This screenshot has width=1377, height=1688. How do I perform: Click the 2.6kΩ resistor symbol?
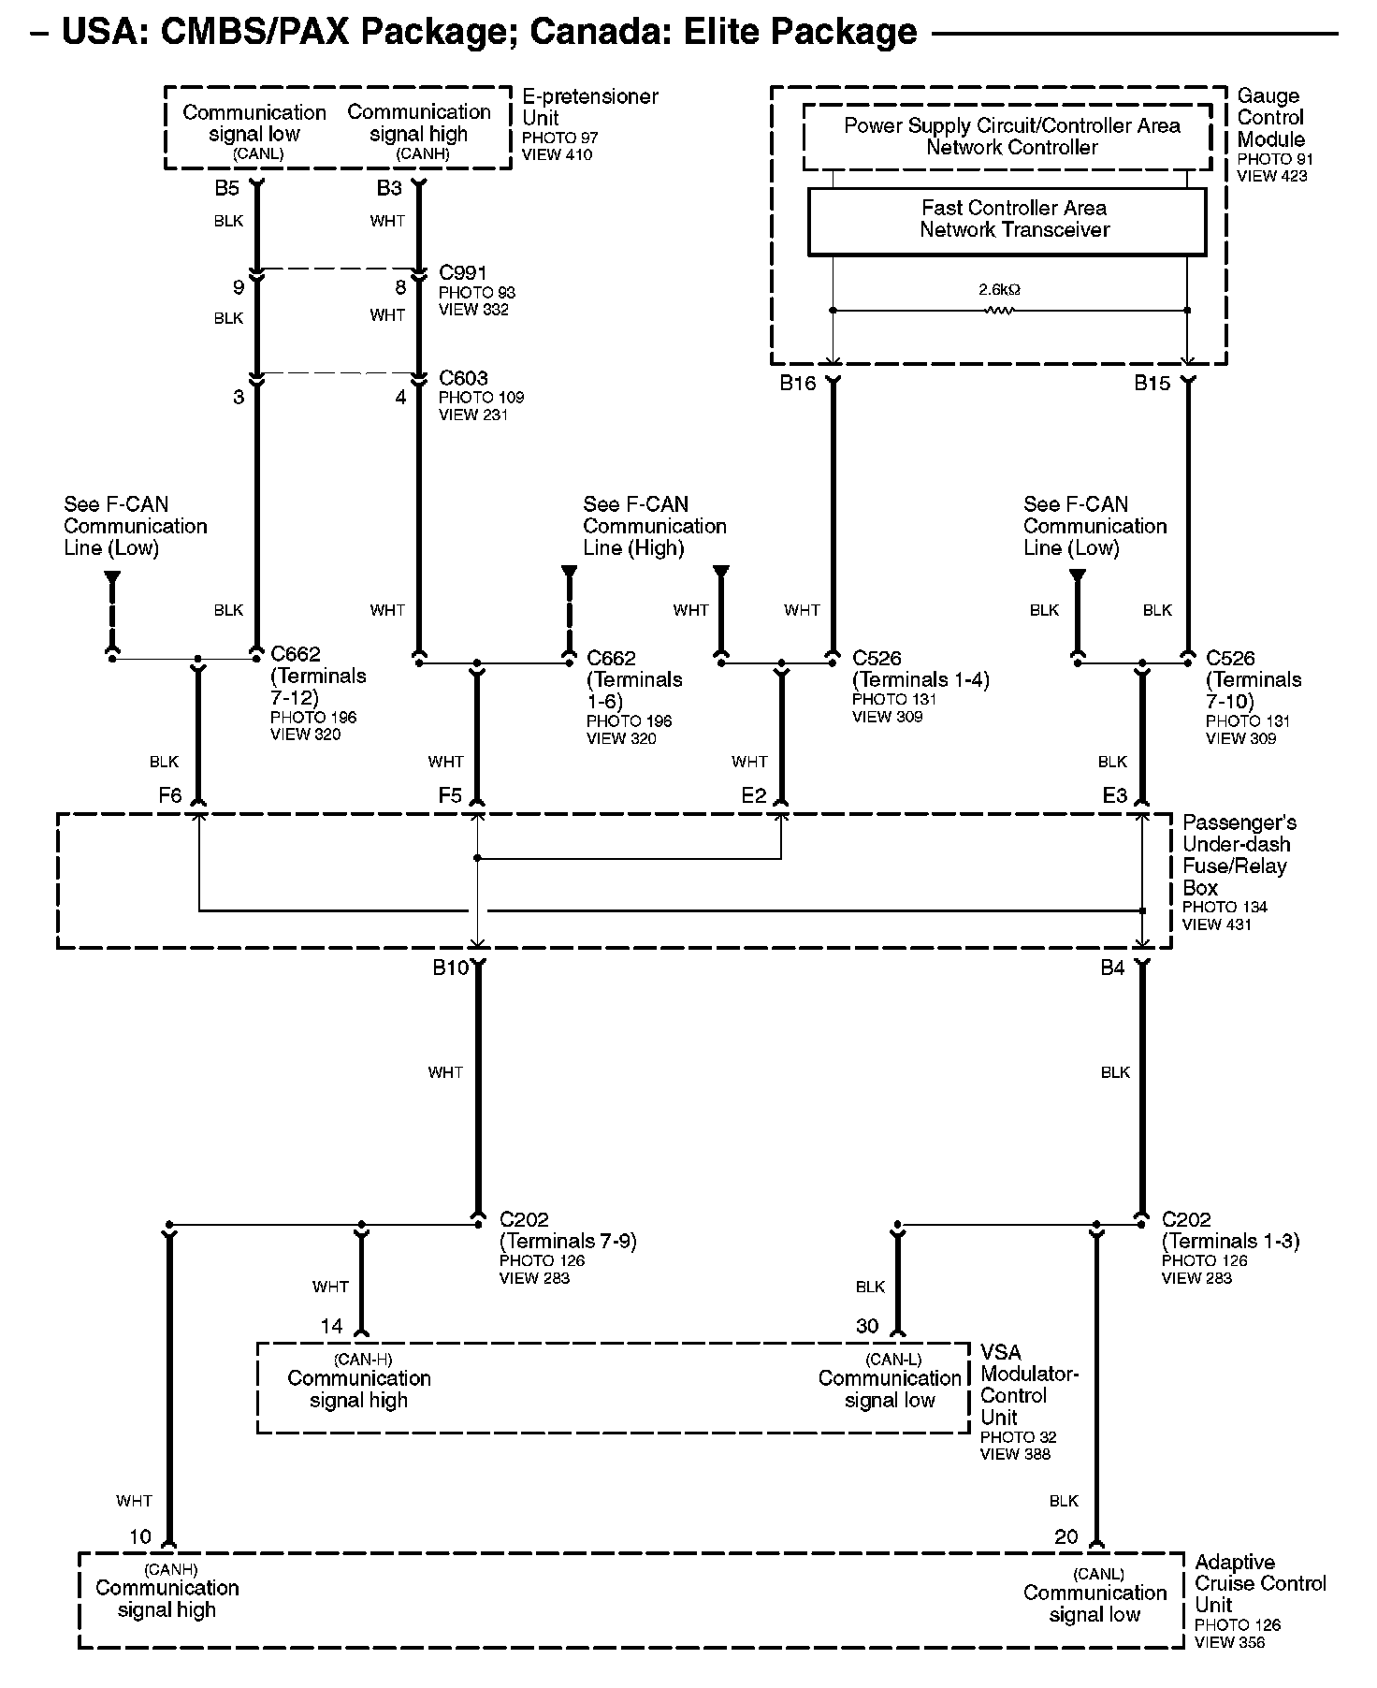tap(999, 310)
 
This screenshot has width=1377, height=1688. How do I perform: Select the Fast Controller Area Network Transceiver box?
tap(1007, 221)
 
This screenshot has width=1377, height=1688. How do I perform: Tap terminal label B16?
tap(798, 383)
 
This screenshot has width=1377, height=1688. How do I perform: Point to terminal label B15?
tap(1152, 383)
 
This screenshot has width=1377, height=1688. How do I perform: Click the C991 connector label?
tap(463, 273)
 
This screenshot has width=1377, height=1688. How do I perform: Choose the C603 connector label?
tap(463, 378)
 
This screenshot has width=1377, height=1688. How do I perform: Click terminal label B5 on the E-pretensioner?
tap(227, 188)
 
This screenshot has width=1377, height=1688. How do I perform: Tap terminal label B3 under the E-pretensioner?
tap(389, 188)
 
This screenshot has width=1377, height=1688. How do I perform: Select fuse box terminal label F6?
tap(169, 795)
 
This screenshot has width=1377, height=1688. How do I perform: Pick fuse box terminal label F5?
tap(450, 795)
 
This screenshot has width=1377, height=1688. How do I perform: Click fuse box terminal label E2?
tap(753, 795)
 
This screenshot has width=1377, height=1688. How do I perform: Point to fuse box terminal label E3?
tap(1114, 795)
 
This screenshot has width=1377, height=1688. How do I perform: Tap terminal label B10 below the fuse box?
tap(450, 968)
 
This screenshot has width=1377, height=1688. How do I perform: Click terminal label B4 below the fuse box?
tap(1112, 968)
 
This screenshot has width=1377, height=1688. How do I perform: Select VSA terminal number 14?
tap(332, 1326)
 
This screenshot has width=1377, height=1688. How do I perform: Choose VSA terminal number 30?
tap(867, 1326)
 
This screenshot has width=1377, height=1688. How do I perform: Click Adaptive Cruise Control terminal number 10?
tap(140, 1536)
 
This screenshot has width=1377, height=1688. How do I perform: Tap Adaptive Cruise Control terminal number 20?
tap(1066, 1536)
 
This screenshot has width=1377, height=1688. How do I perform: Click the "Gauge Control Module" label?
tap(1270, 118)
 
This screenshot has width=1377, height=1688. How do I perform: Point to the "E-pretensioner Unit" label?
tap(589, 107)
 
